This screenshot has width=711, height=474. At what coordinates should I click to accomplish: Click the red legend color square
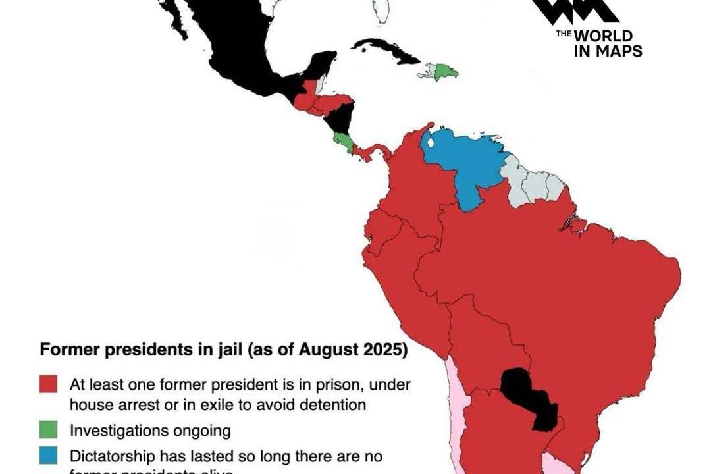(48, 384)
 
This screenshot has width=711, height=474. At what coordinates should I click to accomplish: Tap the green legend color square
(48, 431)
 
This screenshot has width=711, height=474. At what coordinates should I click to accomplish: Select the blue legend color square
(48, 456)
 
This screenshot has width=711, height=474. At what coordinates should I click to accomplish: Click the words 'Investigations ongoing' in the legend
(150, 431)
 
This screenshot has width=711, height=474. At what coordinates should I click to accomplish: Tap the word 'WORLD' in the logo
(603, 36)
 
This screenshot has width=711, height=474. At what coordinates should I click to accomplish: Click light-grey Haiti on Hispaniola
(428, 70)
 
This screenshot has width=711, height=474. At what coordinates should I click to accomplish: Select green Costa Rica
(342, 140)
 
